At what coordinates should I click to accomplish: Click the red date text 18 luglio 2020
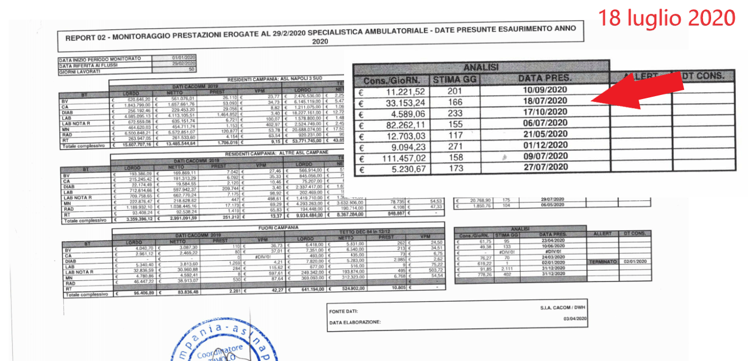666,18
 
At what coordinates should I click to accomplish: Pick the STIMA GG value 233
455,113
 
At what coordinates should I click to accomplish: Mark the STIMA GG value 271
455,146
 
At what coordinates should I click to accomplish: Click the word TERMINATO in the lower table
602,262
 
